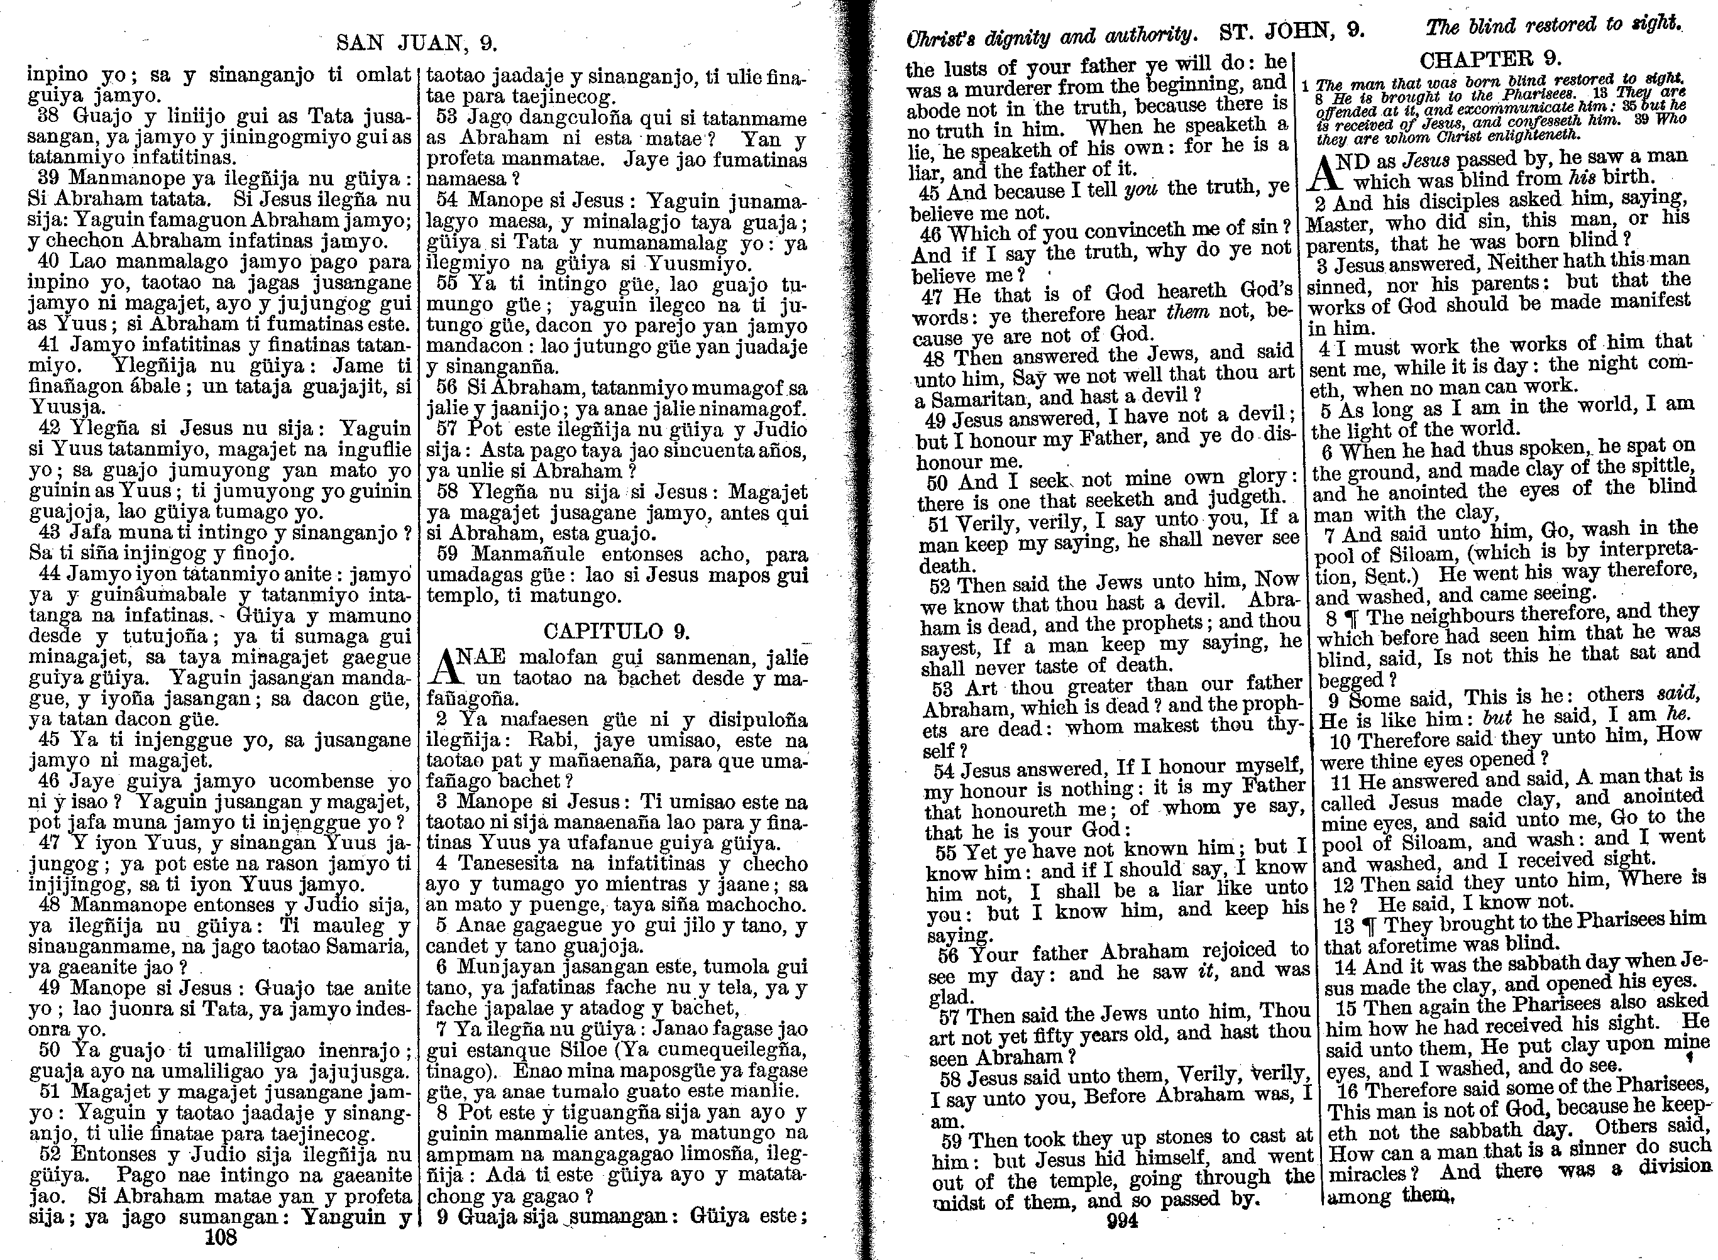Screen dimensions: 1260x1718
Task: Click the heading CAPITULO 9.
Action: click(x=617, y=631)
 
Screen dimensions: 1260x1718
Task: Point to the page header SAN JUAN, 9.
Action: click(x=417, y=43)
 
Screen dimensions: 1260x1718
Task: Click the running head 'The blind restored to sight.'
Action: click(x=1553, y=25)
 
